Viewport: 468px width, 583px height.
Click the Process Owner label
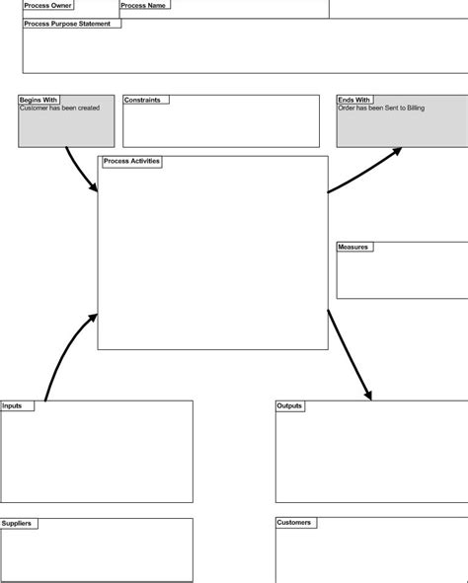(47, 5)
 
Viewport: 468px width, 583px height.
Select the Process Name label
(143, 5)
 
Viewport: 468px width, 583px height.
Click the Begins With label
(39, 100)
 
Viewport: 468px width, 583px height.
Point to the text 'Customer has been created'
(59, 109)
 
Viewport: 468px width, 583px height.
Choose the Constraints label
(142, 100)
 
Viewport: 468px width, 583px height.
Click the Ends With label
(354, 100)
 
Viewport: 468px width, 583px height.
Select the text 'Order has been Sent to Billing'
(381, 109)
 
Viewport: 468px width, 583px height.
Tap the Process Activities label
(131, 161)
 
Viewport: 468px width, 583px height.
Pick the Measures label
(352, 247)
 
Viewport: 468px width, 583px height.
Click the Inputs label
(13, 405)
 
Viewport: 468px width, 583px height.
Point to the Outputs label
(289, 405)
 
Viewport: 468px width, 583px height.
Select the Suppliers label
(18, 523)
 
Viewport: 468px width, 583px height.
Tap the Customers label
(294, 523)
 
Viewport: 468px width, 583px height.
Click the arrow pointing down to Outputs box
(351, 355)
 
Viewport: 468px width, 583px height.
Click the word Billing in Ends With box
(415, 109)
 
